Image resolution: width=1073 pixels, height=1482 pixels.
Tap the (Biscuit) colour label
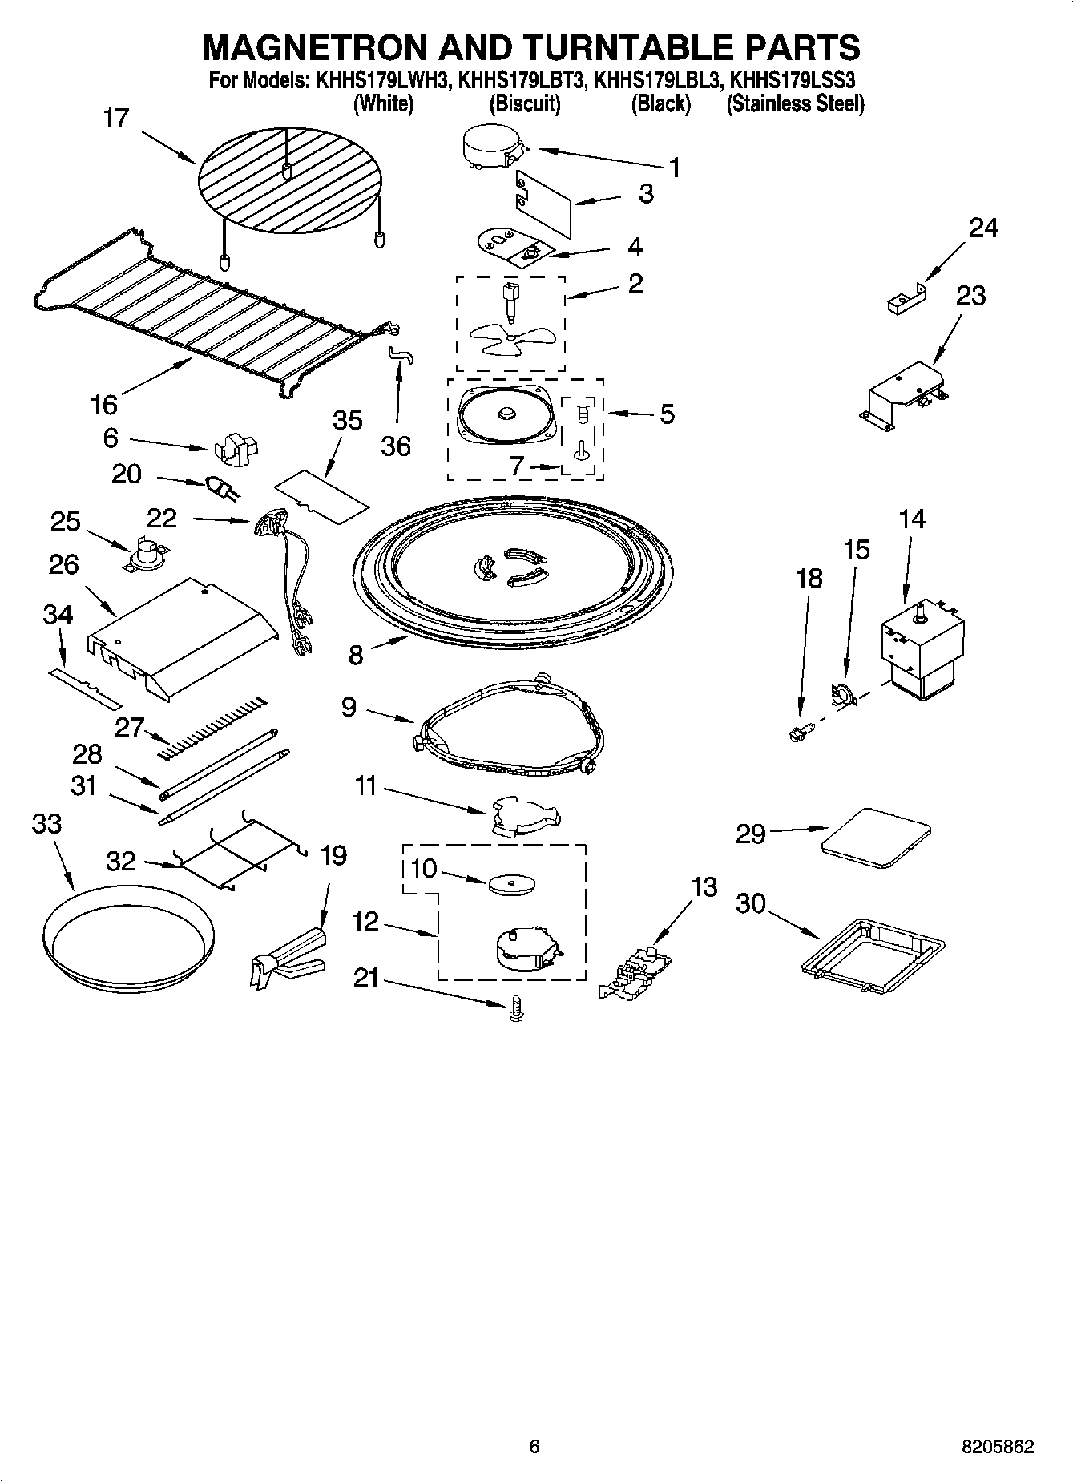(x=525, y=103)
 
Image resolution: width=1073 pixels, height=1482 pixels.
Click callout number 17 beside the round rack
(x=116, y=119)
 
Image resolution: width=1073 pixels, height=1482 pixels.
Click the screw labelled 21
(x=515, y=1008)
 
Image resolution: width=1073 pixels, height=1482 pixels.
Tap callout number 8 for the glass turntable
(x=356, y=655)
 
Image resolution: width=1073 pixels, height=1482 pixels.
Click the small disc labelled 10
(x=512, y=883)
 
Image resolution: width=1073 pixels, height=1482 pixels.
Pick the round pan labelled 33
(x=128, y=938)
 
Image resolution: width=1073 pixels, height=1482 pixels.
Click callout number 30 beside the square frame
(x=751, y=904)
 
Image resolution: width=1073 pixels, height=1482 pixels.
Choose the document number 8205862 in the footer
(x=998, y=1447)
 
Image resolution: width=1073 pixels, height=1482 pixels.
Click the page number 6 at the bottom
(x=535, y=1447)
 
